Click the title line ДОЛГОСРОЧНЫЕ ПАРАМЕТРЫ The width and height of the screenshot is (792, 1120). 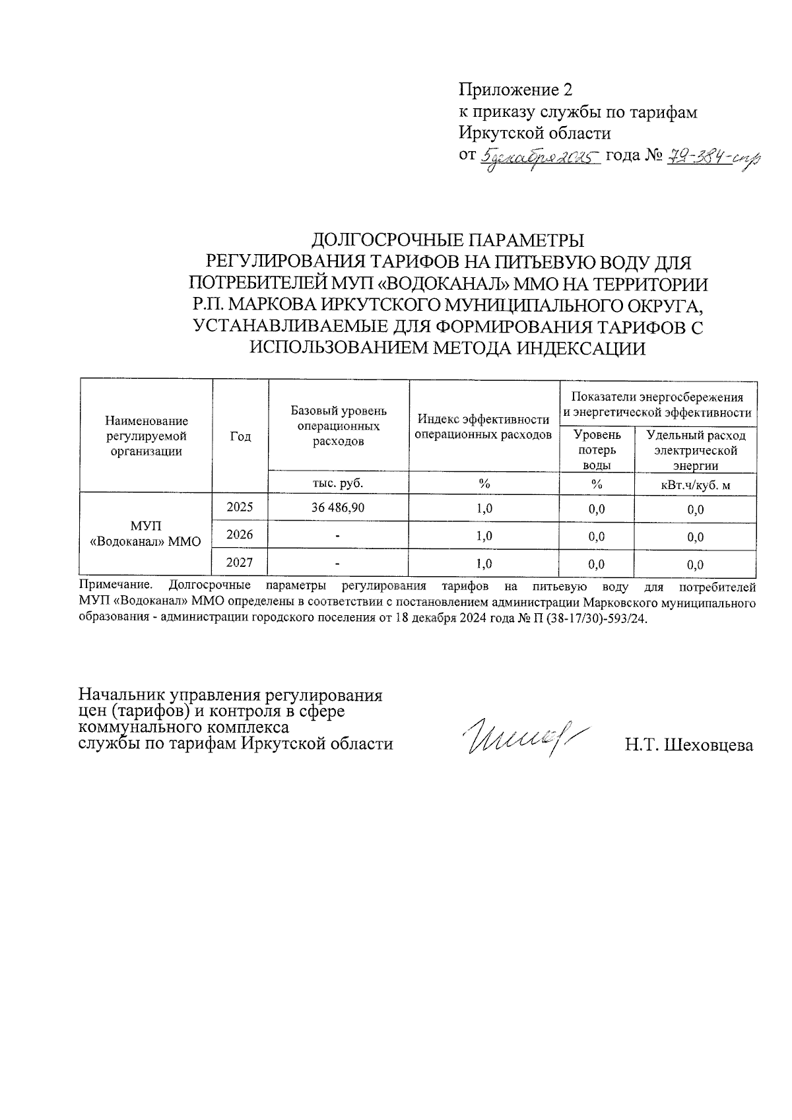(x=448, y=239)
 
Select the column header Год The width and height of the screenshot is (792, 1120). (x=240, y=436)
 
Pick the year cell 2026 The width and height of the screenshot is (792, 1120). (x=240, y=535)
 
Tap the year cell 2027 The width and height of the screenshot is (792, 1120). (x=240, y=563)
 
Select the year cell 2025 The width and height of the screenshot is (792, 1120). (x=240, y=507)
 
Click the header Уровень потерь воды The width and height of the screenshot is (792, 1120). (x=597, y=449)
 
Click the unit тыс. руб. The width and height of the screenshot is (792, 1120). (x=338, y=483)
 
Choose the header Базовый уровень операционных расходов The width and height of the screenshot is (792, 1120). (x=339, y=426)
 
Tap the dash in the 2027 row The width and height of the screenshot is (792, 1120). (x=338, y=564)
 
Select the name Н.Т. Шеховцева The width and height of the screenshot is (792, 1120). (x=689, y=745)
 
